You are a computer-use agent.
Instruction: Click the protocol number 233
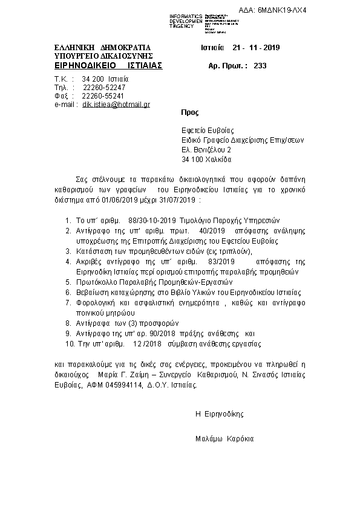261,66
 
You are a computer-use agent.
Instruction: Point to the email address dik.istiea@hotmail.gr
116,105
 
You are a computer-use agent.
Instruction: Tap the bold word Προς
189,113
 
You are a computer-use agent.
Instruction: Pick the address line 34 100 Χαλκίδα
206,160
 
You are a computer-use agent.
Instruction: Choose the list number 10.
69,343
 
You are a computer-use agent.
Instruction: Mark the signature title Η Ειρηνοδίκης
219,414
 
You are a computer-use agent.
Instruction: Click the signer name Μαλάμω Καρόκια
225,438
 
